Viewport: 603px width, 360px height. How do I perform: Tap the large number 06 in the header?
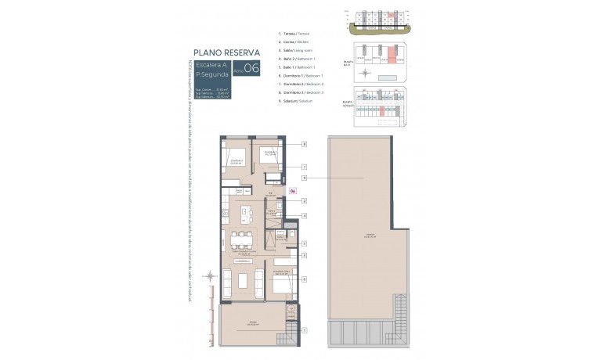(251, 68)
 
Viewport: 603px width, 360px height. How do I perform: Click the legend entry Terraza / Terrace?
(294, 34)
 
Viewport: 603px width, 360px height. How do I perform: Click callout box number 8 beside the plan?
(304, 144)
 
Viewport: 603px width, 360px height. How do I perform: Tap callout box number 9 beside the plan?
(304, 178)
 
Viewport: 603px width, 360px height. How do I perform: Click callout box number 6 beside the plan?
(304, 278)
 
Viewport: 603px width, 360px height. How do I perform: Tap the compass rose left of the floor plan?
(209, 275)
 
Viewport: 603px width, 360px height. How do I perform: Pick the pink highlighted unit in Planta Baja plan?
(384, 58)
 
